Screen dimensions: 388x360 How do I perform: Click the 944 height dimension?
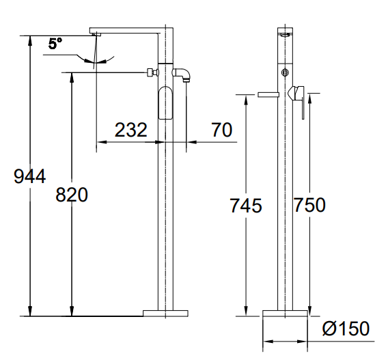coord(29,176)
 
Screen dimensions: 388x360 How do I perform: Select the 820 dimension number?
coord(72,195)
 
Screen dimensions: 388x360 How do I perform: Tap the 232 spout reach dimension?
coord(131,130)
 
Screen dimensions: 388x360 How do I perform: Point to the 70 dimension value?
coord(222,130)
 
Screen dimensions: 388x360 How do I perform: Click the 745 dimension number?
coord(246,206)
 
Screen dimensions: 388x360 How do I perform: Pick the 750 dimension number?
coord(309,205)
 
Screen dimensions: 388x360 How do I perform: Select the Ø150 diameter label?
coord(346,329)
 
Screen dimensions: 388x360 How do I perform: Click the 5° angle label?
coord(55,44)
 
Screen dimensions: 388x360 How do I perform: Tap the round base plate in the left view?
coord(165,314)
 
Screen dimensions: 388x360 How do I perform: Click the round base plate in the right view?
coord(285,314)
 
